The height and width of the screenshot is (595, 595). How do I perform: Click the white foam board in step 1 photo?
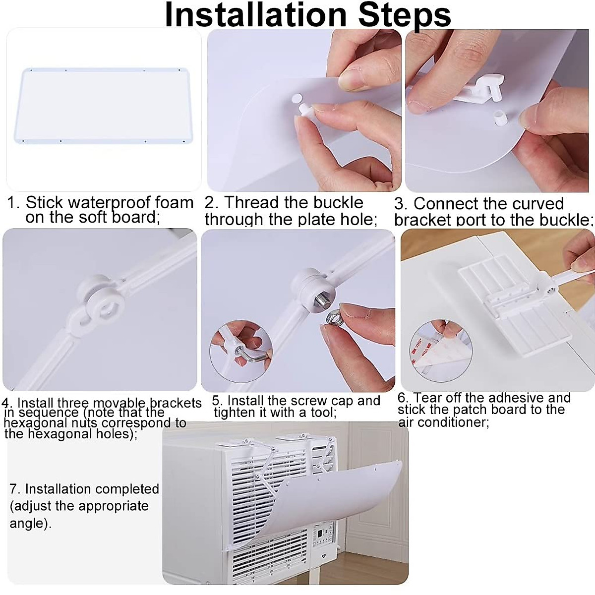coord(104,106)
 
